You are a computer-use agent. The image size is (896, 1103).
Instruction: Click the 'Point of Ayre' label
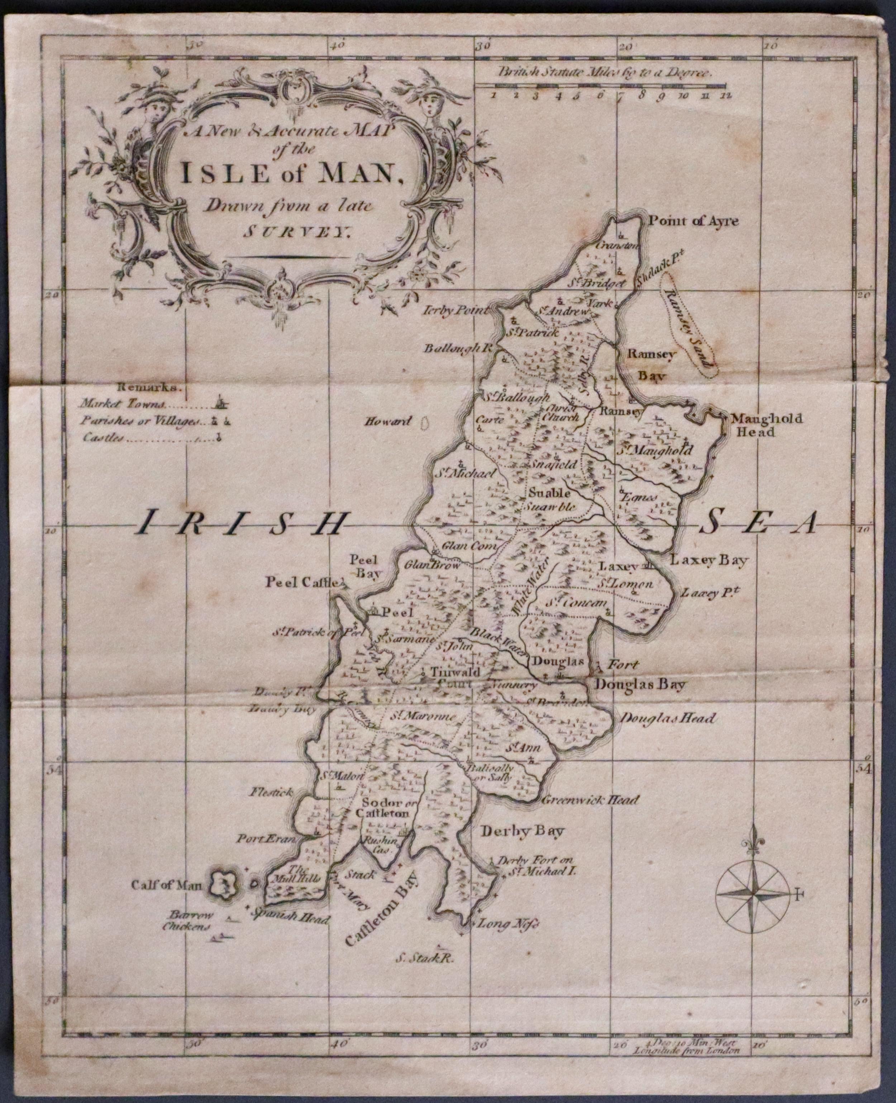[x=693, y=222]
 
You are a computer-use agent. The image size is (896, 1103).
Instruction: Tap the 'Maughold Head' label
[x=767, y=425]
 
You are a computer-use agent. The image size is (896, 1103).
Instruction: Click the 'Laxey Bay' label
[x=708, y=560]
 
